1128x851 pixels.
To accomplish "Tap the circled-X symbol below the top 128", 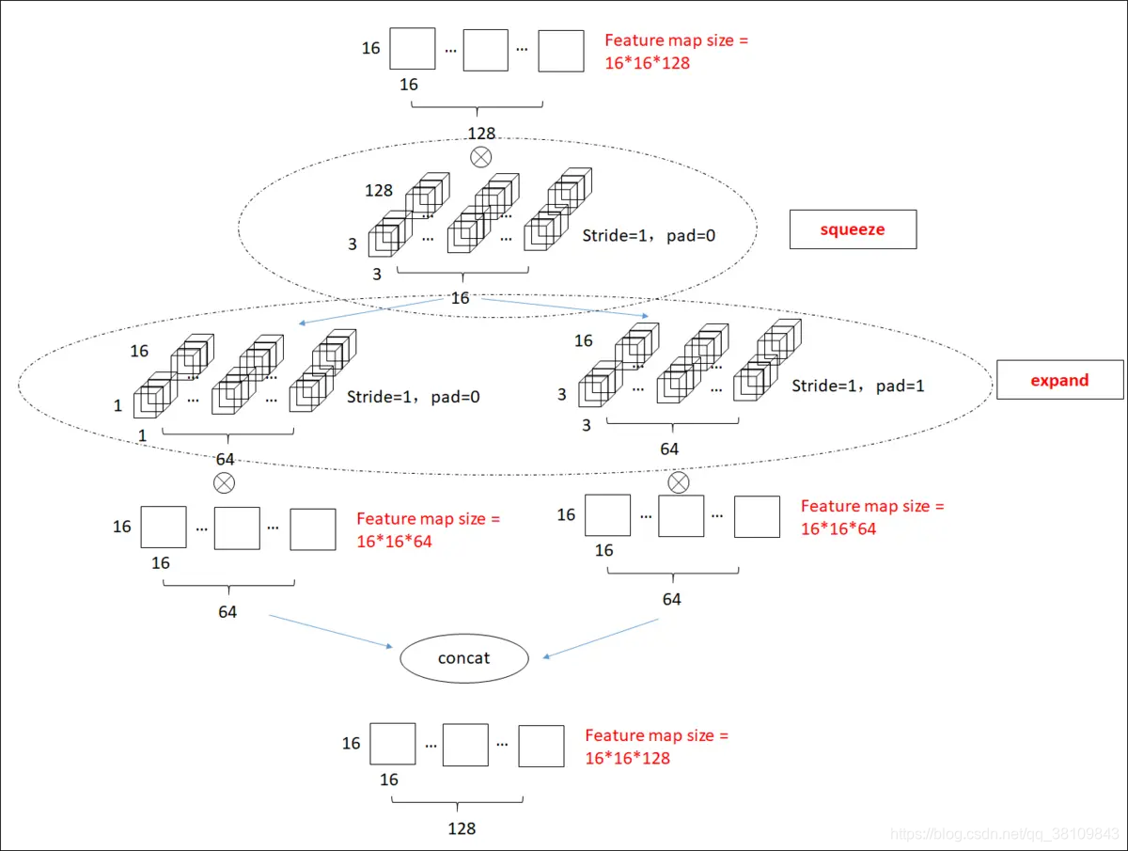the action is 481,157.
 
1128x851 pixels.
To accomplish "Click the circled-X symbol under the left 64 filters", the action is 224,483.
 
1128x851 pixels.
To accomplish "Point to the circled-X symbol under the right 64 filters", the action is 679,482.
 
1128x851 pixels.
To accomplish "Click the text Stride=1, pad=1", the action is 857,386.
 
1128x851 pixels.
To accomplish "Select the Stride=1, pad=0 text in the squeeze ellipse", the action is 649,236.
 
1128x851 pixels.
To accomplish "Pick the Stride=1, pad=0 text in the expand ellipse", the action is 414,397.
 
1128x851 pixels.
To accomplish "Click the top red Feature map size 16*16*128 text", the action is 676,52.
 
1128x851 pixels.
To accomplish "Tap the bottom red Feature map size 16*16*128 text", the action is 657,747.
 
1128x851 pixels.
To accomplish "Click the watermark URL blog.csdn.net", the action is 1004,833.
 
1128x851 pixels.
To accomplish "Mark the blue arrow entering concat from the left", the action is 331,631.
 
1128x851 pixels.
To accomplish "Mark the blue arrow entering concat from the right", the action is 601,638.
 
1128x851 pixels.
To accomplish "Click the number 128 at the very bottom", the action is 462,828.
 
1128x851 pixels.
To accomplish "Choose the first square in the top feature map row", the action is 412,48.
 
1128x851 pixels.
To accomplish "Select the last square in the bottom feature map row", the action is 541,747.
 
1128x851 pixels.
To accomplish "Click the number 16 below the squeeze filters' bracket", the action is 460,298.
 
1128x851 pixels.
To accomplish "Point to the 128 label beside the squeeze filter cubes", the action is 379,191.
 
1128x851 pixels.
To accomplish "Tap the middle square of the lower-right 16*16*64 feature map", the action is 681,516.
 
